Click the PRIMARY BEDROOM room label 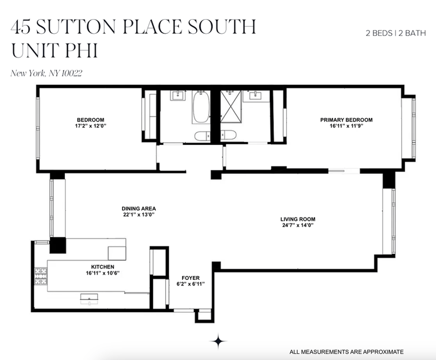[x=346, y=120]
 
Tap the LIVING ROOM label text [x=298, y=219]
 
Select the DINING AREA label [x=139, y=209]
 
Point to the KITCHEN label [x=102, y=267]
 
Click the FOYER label [x=190, y=278]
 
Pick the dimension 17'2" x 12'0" [x=90, y=126]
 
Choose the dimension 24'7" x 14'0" [x=298, y=225]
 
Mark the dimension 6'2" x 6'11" [x=190, y=284]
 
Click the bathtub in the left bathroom [x=201, y=107]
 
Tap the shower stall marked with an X [x=231, y=106]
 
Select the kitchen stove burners [x=40, y=276]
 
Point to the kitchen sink [x=89, y=298]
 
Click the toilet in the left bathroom [x=202, y=136]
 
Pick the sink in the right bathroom [x=255, y=96]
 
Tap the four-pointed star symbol [x=219, y=341]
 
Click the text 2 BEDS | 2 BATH [x=396, y=33]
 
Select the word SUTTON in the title [x=76, y=27]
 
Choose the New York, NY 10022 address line [x=46, y=74]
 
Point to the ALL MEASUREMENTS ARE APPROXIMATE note [x=347, y=352]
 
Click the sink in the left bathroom [x=178, y=96]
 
